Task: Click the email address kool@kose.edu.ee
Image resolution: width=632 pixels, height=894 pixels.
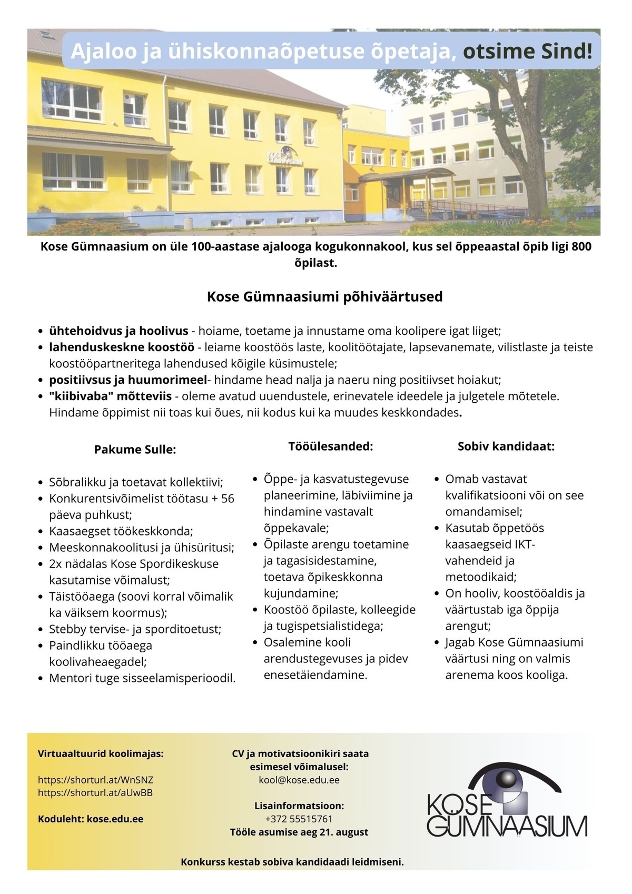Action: (299, 780)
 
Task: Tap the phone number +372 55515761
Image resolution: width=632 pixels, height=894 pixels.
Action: (299, 819)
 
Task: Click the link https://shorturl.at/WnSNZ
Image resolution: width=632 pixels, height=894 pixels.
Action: (95, 780)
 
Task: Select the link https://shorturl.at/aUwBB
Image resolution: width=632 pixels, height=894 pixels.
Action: (95, 792)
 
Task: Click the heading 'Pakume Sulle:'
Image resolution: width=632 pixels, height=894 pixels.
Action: (135, 449)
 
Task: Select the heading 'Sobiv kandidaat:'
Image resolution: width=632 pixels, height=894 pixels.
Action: (506, 446)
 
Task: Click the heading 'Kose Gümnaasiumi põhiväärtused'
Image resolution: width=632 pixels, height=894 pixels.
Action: (324, 296)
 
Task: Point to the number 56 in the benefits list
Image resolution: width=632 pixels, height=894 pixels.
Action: (228, 498)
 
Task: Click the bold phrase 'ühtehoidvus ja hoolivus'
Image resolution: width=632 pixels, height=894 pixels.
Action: (118, 331)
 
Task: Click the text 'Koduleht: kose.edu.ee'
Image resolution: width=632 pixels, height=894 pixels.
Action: (91, 819)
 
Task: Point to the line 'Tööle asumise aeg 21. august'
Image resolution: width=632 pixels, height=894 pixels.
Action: (299, 832)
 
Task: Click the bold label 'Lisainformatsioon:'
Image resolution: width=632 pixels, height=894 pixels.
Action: (299, 806)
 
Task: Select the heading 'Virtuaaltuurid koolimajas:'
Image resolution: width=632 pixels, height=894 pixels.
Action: (101, 753)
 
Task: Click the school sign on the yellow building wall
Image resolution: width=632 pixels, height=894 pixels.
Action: (284, 158)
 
